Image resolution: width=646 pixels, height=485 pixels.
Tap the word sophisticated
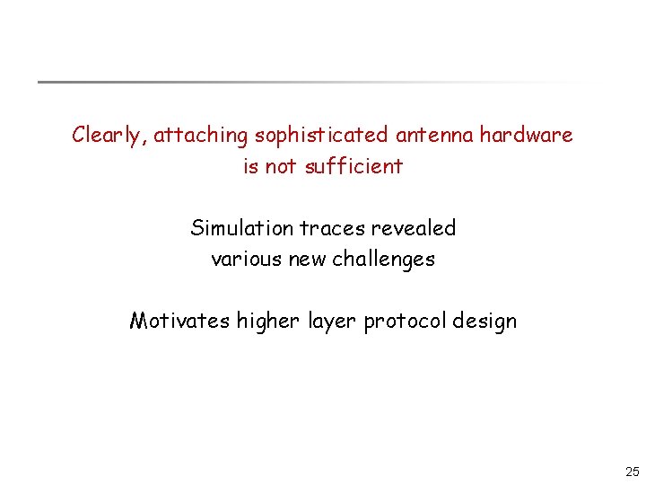pos(320,136)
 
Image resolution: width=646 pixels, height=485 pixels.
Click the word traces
pos(332,228)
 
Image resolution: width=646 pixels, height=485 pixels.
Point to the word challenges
pos(384,260)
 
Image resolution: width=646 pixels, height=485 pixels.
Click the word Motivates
pos(180,321)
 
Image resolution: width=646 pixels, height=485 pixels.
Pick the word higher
pos(266,321)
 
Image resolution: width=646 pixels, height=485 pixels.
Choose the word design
pos(485,321)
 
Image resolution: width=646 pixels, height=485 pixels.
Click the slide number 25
pos(633,472)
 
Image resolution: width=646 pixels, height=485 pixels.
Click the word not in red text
pos(279,166)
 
